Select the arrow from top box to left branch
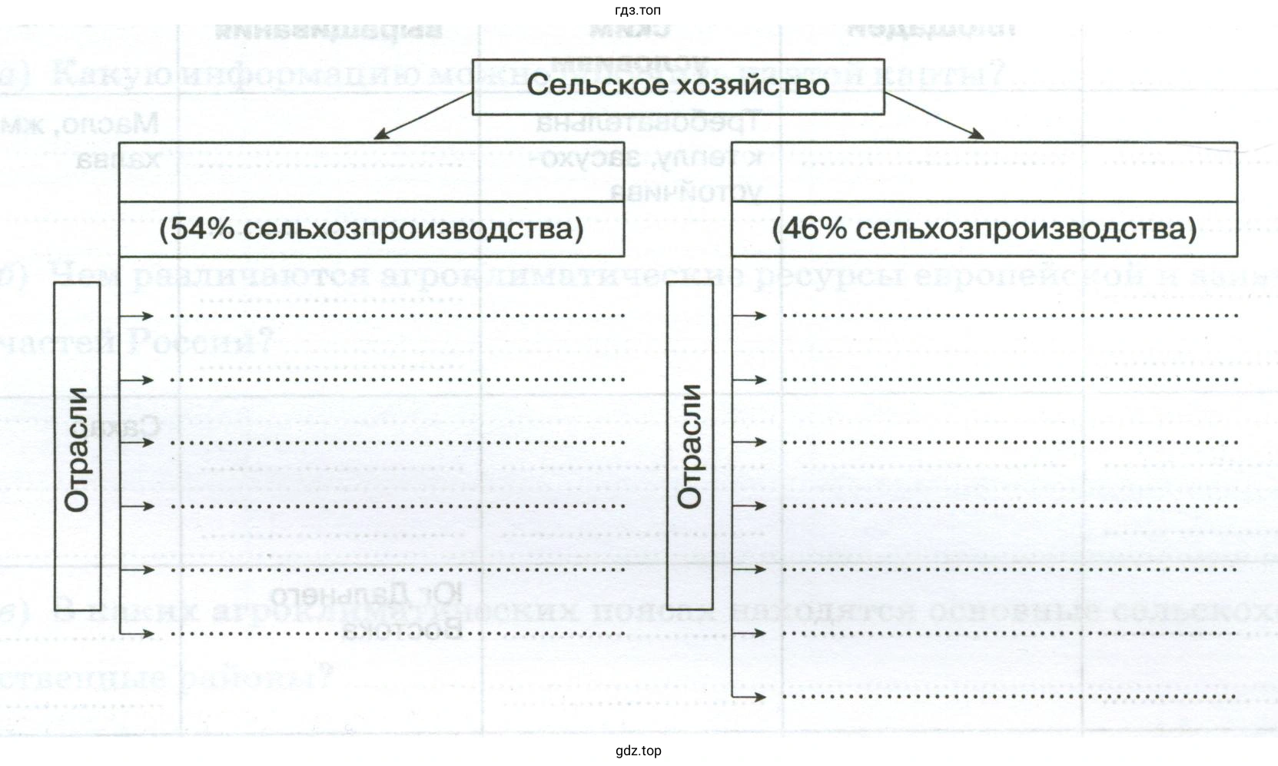tap(422, 117)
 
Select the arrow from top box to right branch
tap(934, 117)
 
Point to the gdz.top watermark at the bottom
tap(638, 751)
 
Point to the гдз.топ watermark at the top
tap(638, 10)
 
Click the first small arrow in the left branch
tap(138, 315)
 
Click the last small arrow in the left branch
tap(138, 633)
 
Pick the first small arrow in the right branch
tap(751, 315)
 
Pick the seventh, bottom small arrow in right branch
tap(751, 697)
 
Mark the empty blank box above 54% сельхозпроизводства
tap(371, 172)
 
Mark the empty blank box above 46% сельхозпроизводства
tap(984, 172)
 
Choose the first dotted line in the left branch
tap(397, 315)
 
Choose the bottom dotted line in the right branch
tap(1009, 697)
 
